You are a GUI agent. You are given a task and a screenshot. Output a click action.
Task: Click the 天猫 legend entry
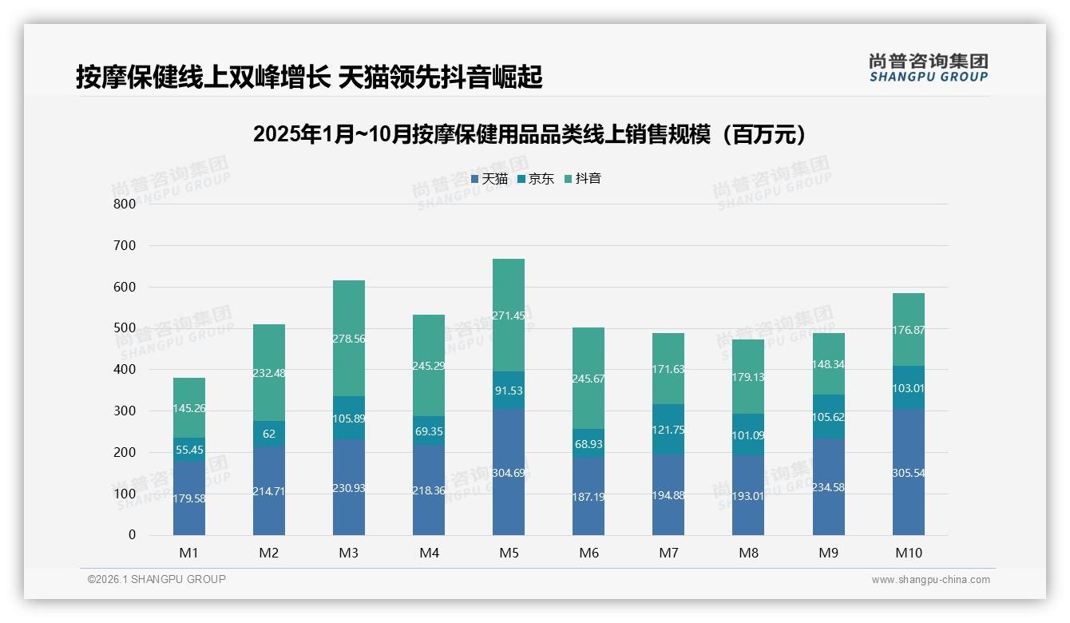[489, 179]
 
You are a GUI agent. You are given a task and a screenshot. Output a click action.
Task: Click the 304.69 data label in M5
[509, 473]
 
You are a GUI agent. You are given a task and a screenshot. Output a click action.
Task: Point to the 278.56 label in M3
[349, 339]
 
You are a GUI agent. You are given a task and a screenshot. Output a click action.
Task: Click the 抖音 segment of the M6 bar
[588, 378]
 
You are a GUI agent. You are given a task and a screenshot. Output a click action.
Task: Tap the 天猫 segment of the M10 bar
[908, 473]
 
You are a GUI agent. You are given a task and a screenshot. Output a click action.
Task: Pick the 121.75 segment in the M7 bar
[668, 429]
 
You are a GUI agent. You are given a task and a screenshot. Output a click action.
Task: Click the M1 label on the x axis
[189, 553]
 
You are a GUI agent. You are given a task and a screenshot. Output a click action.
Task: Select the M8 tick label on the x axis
[748, 553]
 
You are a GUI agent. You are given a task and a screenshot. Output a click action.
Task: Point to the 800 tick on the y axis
[124, 204]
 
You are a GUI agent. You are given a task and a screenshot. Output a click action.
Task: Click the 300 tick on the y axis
[124, 411]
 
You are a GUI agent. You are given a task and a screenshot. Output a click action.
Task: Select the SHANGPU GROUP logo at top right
[928, 68]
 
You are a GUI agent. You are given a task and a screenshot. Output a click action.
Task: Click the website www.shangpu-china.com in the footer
[930, 580]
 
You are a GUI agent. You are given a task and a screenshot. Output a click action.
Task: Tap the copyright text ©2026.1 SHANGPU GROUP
[157, 579]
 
